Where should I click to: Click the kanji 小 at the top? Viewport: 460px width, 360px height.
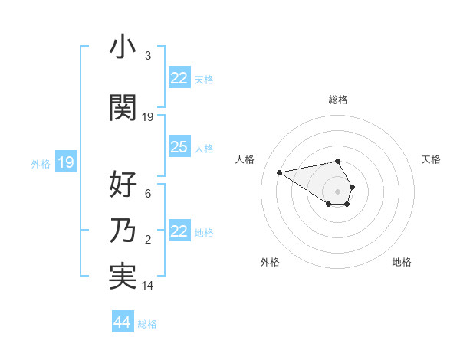click(x=123, y=47)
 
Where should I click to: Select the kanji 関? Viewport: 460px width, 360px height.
click(x=123, y=108)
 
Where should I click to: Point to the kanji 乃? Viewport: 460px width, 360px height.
click(x=123, y=231)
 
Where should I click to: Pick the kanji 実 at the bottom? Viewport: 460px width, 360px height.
click(x=123, y=277)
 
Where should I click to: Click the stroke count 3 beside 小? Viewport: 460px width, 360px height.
click(x=148, y=56)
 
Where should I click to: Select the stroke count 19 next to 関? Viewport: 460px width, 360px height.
click(x=148, y=117)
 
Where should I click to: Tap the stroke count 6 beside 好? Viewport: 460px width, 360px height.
click(x=148, y=195)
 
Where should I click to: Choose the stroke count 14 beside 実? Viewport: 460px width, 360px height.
click(x=148, y=286)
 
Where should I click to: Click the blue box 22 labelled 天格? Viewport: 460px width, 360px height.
click(x=179, y=78)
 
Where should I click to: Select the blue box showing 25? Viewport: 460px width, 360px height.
click(x=179, y=147)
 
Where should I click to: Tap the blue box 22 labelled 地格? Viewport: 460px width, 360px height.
click(x=179, y=231)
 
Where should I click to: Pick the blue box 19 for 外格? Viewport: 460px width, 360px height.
click(x=66, y=162)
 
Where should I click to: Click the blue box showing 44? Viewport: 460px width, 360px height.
click(x=122, y=322)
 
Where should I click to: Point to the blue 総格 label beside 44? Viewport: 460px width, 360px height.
click(x=147, y=324)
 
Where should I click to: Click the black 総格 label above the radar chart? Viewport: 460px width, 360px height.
click(x=337, y=100)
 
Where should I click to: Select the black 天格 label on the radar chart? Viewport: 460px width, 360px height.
click(x=431, y=159)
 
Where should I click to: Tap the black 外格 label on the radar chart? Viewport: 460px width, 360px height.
click(x=270, y=262)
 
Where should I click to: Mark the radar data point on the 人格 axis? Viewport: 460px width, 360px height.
click(x=280, y=172)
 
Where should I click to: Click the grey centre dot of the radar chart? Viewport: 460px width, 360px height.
click(x=337, y=191)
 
